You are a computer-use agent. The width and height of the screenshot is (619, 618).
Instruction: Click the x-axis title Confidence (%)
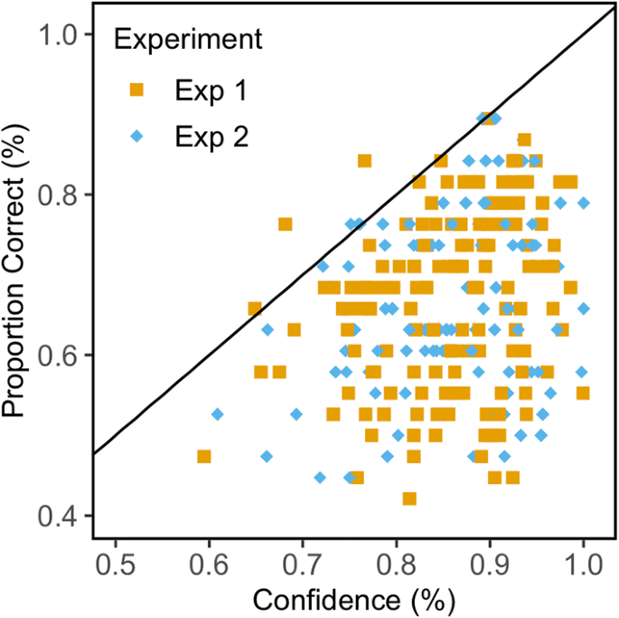point(353,598)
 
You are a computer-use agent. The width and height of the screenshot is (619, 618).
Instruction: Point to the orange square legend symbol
point(137,89)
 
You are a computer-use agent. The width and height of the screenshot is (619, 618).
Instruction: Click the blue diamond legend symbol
point(137,137)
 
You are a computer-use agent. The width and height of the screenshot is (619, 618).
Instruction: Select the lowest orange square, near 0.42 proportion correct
point(409,499)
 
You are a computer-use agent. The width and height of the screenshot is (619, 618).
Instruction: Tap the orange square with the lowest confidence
point(204,456)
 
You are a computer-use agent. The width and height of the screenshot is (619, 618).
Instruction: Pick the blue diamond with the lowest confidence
point(218,414)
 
